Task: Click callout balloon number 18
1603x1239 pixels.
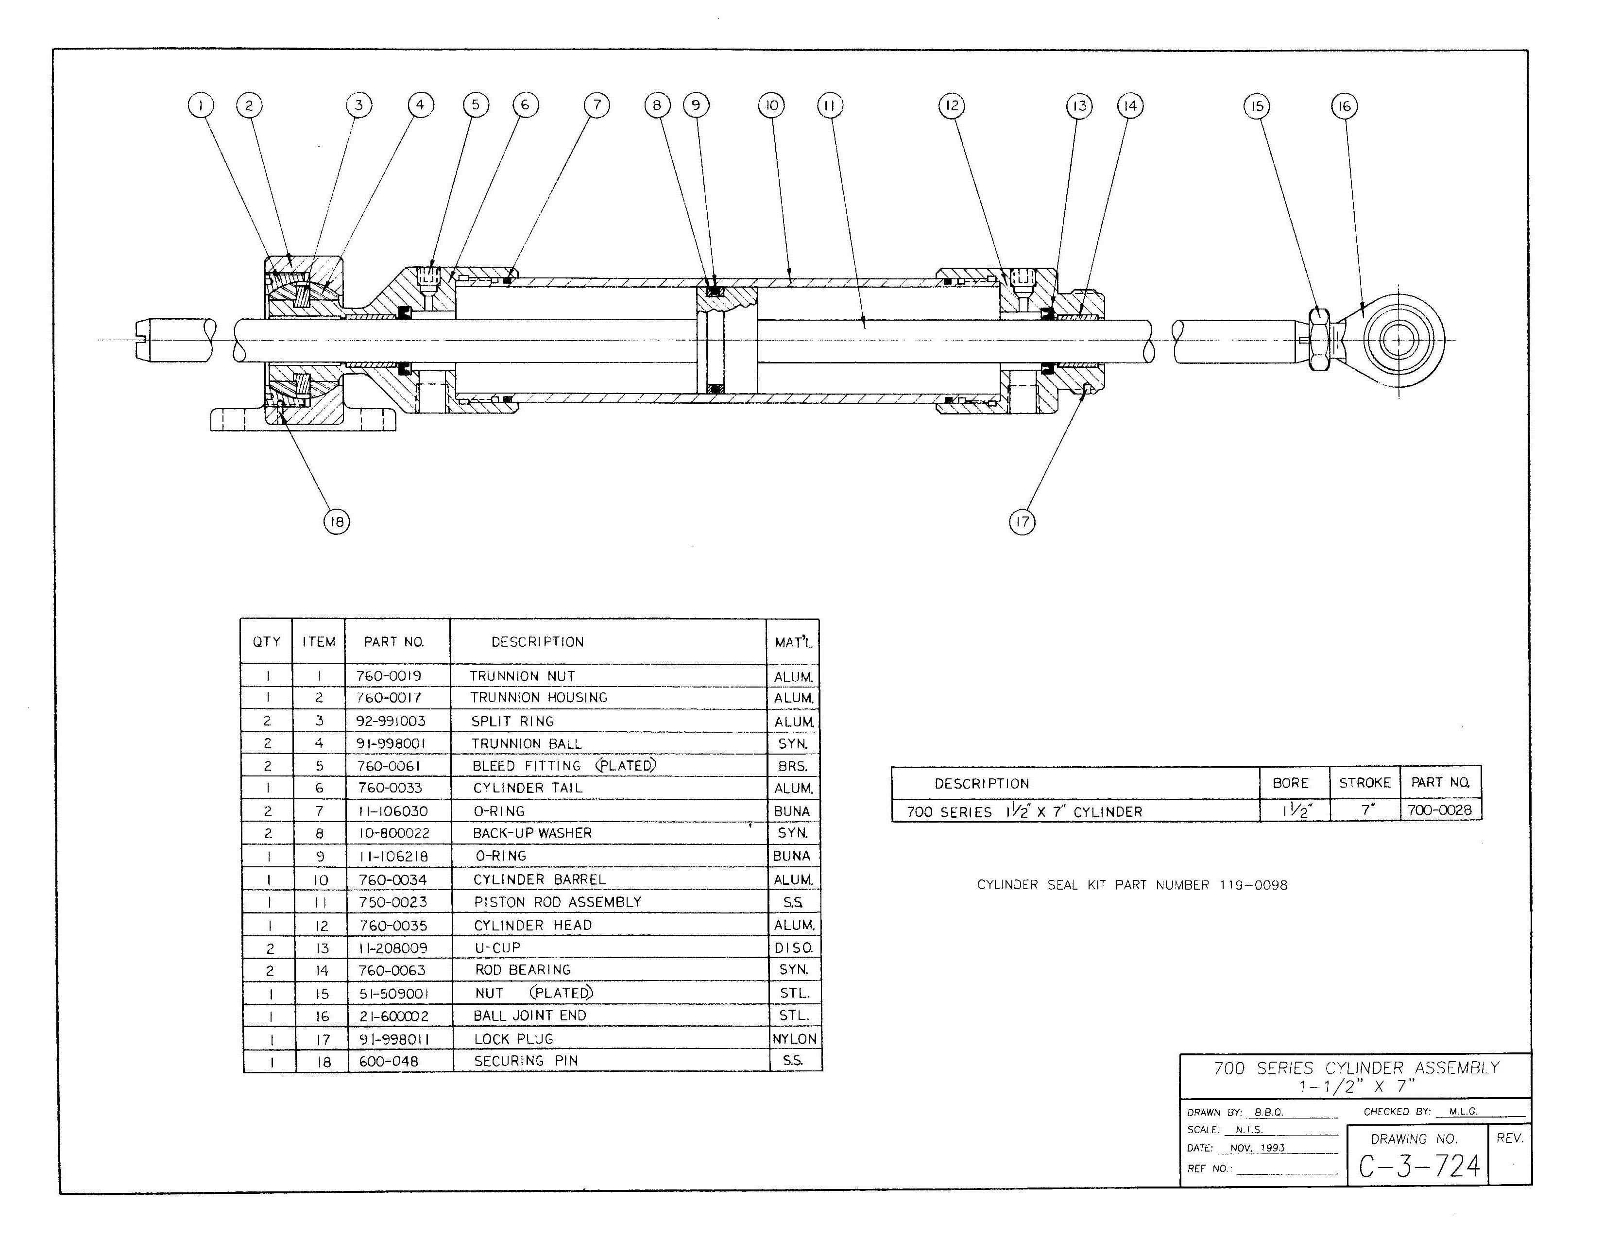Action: pyautogui.click(x=336, y=522)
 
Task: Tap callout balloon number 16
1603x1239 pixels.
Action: pyautogui.click(x=1344, y=106)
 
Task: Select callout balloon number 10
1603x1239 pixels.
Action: pyautogui.click(x=771, y=106)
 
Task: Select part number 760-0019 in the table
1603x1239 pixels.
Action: pyautogui.click(x=389, y=676)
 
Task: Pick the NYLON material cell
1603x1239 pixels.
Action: pyautogui.click(x=794, y=1039)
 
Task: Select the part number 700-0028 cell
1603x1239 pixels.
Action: pyautogui.click(x=1439, y=810)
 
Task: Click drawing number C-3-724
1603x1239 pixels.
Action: pyautogui.click(x=1419, y=1166)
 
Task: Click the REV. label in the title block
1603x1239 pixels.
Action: pyautogui.click(x=1510, y=1138)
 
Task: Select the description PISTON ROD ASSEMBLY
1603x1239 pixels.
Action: pyautogui.click(x=557, y=902)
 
